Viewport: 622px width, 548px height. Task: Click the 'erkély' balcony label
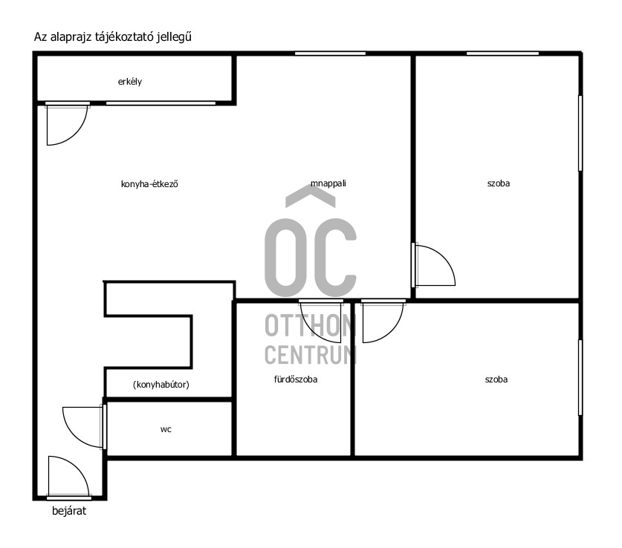coord(130,82)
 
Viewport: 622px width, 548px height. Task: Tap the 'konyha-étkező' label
coord(149,184)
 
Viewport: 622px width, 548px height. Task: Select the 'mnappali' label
coord(328,183)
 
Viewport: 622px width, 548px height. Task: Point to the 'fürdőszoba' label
coord(296,379)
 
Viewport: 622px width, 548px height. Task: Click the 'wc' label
coord(166,429)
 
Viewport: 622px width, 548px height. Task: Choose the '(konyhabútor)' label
coord(161,385)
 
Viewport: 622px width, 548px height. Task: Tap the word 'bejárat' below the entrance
coord(69,511)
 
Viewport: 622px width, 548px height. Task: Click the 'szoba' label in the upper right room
coord(498,183)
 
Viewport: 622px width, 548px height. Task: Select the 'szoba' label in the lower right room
coord(496,379)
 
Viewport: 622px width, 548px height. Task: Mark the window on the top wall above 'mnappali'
coord(330,53)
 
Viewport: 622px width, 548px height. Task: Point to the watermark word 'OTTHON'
coord(311,326)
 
